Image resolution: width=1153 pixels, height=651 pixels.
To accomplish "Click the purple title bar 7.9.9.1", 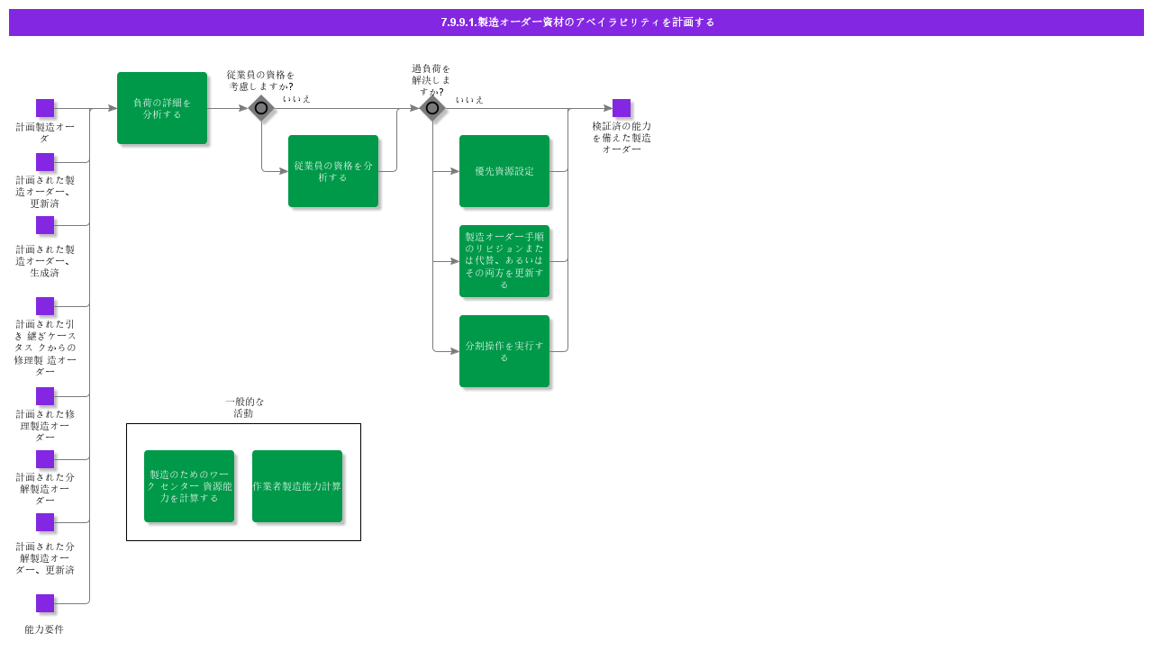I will click(576, 23).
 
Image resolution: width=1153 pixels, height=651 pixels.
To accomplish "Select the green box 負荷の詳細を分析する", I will click(162, 108).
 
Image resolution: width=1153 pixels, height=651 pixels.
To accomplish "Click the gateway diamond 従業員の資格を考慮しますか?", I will click(261, 108).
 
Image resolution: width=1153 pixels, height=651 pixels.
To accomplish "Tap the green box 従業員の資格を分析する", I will click(333, 171).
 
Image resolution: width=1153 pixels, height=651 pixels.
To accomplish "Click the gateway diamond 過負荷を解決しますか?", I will click(432, 108).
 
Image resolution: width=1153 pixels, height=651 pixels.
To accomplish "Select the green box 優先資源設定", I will click(504, 171).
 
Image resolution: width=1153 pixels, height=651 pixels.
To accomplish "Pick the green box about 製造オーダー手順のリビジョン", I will click(504, 261).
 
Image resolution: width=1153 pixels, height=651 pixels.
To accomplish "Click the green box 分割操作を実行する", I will click(504, 351).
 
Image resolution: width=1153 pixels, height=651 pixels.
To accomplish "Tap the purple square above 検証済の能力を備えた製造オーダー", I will click(622, 108).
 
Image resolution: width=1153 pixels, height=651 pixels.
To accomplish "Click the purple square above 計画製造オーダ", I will click(45, 108).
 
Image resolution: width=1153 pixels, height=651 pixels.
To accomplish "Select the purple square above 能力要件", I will click(45, 603).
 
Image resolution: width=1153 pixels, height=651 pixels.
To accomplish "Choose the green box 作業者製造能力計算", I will click(297, 486).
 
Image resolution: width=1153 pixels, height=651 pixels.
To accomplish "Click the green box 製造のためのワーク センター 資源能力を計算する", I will click(189, 486).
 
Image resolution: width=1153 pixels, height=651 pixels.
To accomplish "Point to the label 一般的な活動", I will click(244, 408).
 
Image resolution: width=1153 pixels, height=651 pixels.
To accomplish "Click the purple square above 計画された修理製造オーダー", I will click(45, 396).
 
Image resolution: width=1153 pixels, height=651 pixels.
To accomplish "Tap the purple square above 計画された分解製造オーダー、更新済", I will click(45, 522).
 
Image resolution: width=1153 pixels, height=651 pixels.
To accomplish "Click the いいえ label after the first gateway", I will click(296, 99).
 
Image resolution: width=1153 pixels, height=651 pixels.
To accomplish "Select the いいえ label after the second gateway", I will click(469, 100).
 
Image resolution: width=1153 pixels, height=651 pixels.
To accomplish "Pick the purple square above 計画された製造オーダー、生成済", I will click(45, 225).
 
